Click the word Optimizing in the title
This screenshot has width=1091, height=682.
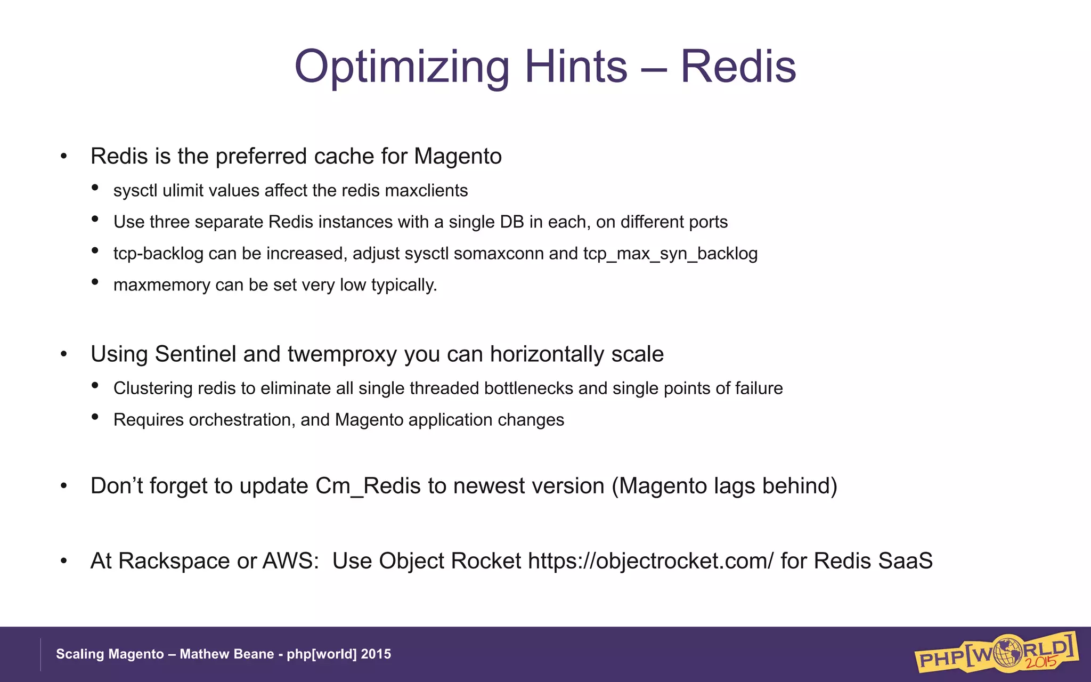tap(402, 67)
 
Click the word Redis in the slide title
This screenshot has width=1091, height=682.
tap(738, 67)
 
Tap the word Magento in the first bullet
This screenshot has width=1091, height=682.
tap(458, 157)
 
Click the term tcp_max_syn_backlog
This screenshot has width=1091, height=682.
tap(670, 254)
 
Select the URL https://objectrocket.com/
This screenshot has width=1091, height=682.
tap(650, 561)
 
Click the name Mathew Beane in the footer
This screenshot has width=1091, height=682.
tap(226, 654)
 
